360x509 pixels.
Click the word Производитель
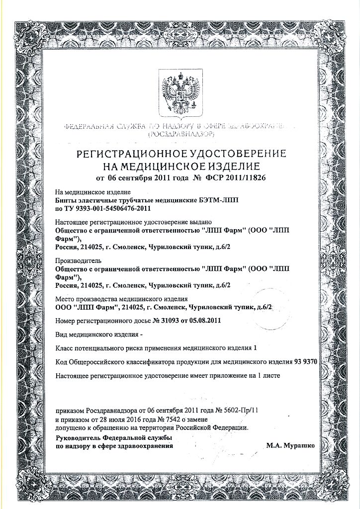tap(78, 260)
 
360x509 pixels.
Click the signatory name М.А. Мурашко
tap(290, 446)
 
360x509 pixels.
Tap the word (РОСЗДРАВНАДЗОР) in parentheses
tap(181, 134)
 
